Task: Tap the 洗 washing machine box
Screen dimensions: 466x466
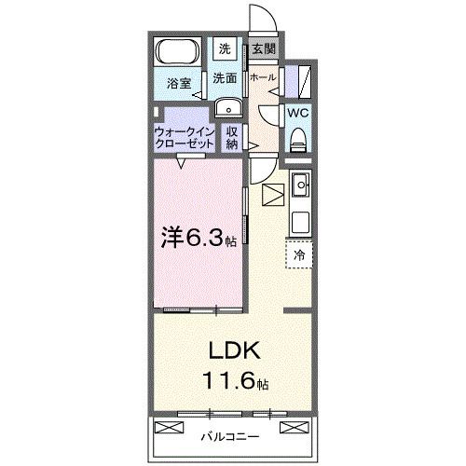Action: coord(226,48)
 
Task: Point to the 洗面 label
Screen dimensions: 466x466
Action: coord(225,79)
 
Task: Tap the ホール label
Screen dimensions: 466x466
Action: coord(263,78)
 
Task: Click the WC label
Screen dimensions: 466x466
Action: coord(297,112)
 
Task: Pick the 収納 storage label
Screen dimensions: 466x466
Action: coord(232,138)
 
